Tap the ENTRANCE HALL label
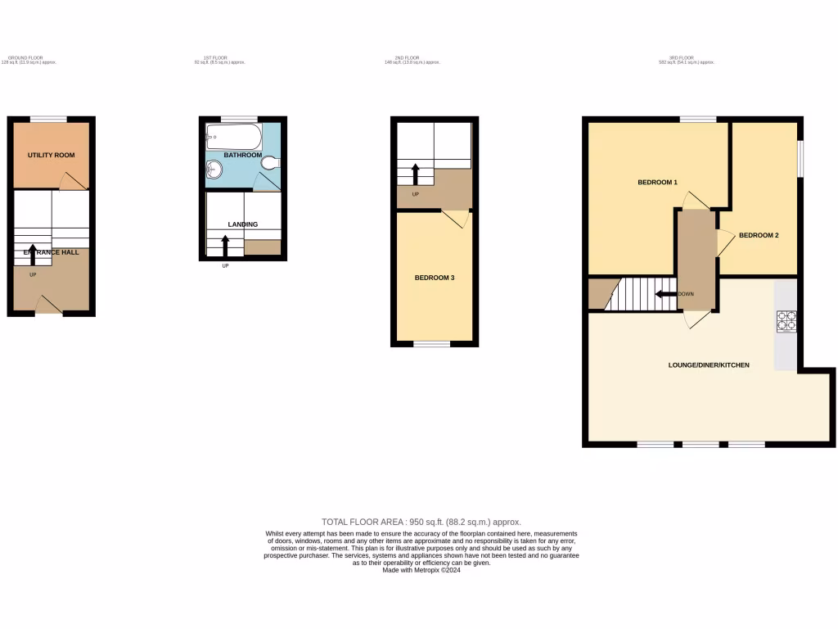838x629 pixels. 51,252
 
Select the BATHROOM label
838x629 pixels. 243,155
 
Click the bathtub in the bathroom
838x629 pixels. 233,136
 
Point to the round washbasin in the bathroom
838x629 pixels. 214,170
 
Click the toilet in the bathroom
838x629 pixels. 269,164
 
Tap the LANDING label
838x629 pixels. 242,224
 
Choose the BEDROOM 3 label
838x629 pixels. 435,278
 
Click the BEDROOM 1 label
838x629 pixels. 658,182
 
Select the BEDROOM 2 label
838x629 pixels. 759,236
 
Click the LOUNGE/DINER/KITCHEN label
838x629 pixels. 709,364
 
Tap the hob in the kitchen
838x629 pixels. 786,320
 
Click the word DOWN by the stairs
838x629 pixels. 686,293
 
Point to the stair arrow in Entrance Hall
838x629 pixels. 33,253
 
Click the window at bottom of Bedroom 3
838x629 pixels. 431,344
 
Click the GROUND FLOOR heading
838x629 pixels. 24,57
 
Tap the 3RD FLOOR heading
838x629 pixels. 675,57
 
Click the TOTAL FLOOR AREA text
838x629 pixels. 421,522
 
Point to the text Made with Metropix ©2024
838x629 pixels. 421,570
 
